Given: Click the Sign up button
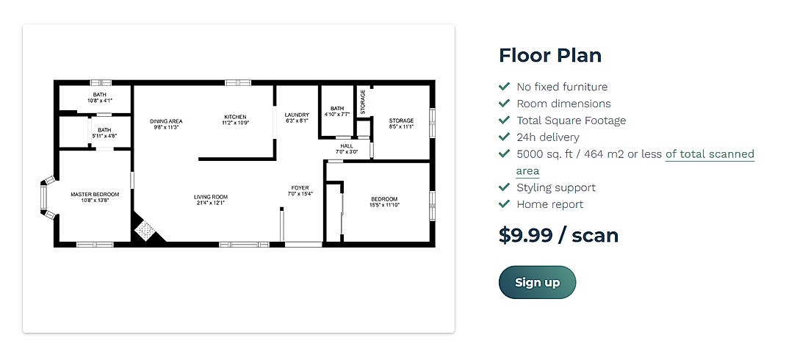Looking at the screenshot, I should click(x=537, y=283).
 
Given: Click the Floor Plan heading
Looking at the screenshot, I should click(x=549, y=55).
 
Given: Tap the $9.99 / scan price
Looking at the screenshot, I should click(x=558, y=235).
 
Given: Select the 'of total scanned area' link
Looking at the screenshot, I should click(x=710, y=154).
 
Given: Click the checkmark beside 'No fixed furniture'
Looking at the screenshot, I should click(x=504, y=87).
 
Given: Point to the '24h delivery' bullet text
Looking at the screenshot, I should click(x=547, y=137).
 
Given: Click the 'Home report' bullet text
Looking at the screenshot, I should click(x=549, y=204).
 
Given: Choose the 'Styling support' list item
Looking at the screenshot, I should click(x=555, y=187).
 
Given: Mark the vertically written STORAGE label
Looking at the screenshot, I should click(x=362, y=102).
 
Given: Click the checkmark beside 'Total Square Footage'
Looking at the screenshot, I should click(x=504, y=120).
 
